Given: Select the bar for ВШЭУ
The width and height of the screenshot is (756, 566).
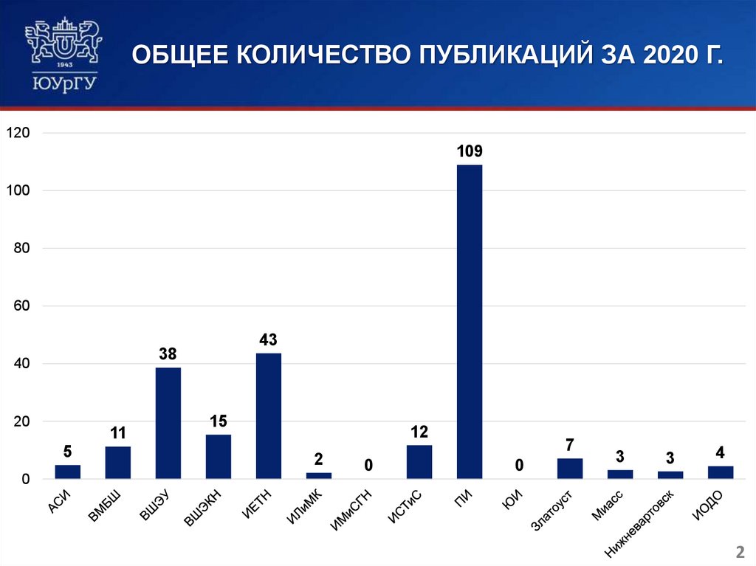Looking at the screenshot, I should pos(168,423).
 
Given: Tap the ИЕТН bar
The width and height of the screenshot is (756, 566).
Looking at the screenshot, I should pos(269,415).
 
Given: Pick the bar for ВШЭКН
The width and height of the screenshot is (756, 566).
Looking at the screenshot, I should pos(219,456).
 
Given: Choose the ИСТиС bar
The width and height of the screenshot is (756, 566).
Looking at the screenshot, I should pos(419,461).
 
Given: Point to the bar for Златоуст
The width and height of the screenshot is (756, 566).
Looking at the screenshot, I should pos(570,469).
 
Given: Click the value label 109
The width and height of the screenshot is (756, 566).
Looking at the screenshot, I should pos(470,152).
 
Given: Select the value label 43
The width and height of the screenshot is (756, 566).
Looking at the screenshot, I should pos(269,340).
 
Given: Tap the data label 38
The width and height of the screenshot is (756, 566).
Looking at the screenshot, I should pos(168,355).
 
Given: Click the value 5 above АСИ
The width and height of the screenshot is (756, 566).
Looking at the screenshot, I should pos(68,452).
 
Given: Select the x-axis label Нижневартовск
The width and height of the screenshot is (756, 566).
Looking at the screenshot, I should pos(640,521).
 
